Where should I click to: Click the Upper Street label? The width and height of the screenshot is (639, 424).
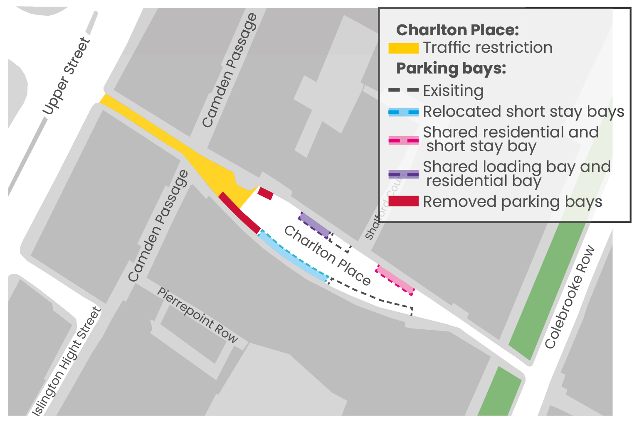67,76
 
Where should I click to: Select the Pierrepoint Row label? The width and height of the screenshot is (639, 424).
197,316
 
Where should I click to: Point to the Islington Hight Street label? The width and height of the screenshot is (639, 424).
67,360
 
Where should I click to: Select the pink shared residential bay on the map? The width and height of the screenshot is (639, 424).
395,279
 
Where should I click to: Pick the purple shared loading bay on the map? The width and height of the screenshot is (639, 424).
315,225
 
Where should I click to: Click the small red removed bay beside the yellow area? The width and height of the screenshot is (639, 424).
265,193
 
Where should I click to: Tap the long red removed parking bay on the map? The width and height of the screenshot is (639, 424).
239,213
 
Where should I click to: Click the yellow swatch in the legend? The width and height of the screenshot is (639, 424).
403,48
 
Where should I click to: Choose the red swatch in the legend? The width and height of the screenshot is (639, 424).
403,201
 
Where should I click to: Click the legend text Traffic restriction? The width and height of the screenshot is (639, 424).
488,48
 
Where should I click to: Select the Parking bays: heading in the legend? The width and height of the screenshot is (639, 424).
451,69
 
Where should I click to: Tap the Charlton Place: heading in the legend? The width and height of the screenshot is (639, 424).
458,30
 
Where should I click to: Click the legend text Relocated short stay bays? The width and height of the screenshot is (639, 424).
523,112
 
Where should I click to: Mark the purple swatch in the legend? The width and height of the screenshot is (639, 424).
403,174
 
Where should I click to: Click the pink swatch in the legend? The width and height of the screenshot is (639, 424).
403,140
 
